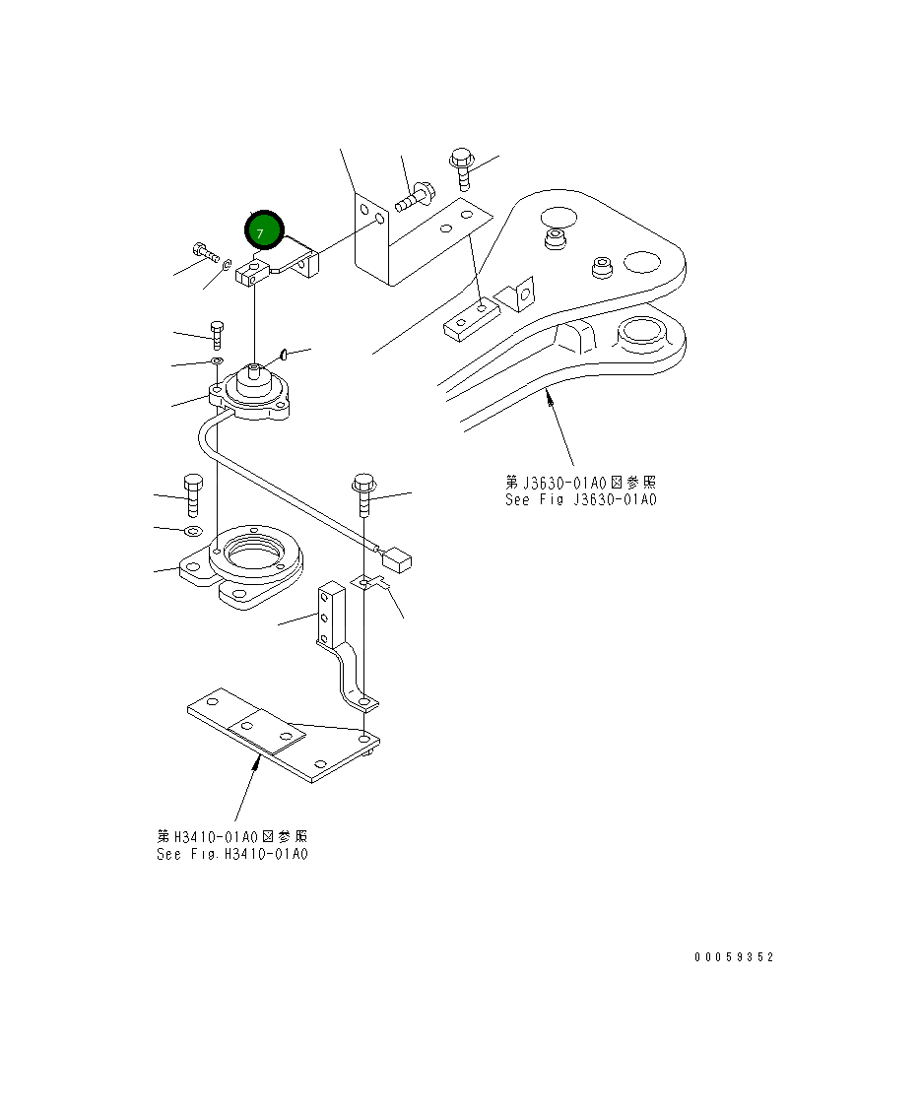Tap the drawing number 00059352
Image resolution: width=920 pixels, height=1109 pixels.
coord(734,956)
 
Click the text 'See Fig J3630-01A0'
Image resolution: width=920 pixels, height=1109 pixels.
coord(580,499)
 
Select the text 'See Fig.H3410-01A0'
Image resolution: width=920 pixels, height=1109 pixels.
coord(232,854)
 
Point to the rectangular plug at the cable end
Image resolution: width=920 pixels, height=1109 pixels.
coord(397,561)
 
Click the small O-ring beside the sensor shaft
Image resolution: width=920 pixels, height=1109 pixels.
coord(283,354)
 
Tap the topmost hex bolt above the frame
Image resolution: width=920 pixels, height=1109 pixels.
coord(462,167)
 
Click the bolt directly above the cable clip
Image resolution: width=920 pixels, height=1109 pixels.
coord(363,495)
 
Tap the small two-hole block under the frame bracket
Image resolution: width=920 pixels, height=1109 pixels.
coord(468,320)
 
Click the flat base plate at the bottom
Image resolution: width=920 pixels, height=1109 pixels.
coord(286,737)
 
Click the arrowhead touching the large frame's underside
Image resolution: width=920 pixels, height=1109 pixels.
coord(549,396)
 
